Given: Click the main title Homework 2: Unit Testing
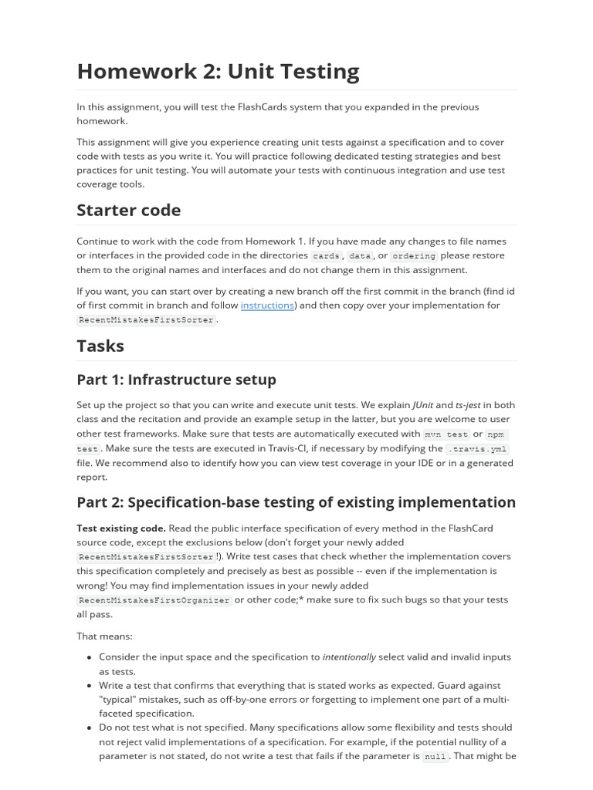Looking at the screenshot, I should pos(218,72).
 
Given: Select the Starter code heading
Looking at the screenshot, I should pos(128,210).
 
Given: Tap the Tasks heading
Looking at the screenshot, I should pos(100,346).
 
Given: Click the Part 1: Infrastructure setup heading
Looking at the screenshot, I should pos(176,380).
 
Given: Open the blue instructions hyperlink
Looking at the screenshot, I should pos(267,306).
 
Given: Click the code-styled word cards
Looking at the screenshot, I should pos(326,256).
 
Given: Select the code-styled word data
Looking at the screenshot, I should pos(360,256).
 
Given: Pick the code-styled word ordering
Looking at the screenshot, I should pos(414,256).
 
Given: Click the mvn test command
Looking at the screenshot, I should pos(447,434).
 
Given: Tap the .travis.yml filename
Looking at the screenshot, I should pos(478,449).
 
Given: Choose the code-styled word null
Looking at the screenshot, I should pos(435,757).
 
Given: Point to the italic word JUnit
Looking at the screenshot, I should pos(423,405).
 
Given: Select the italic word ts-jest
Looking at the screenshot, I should pos(469,405).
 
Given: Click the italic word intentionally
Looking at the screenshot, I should pos(350,657).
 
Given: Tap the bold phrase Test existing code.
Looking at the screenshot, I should pos(120,528).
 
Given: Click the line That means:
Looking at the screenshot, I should pos(104,636).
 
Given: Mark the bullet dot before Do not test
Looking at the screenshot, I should pos(90,728).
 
